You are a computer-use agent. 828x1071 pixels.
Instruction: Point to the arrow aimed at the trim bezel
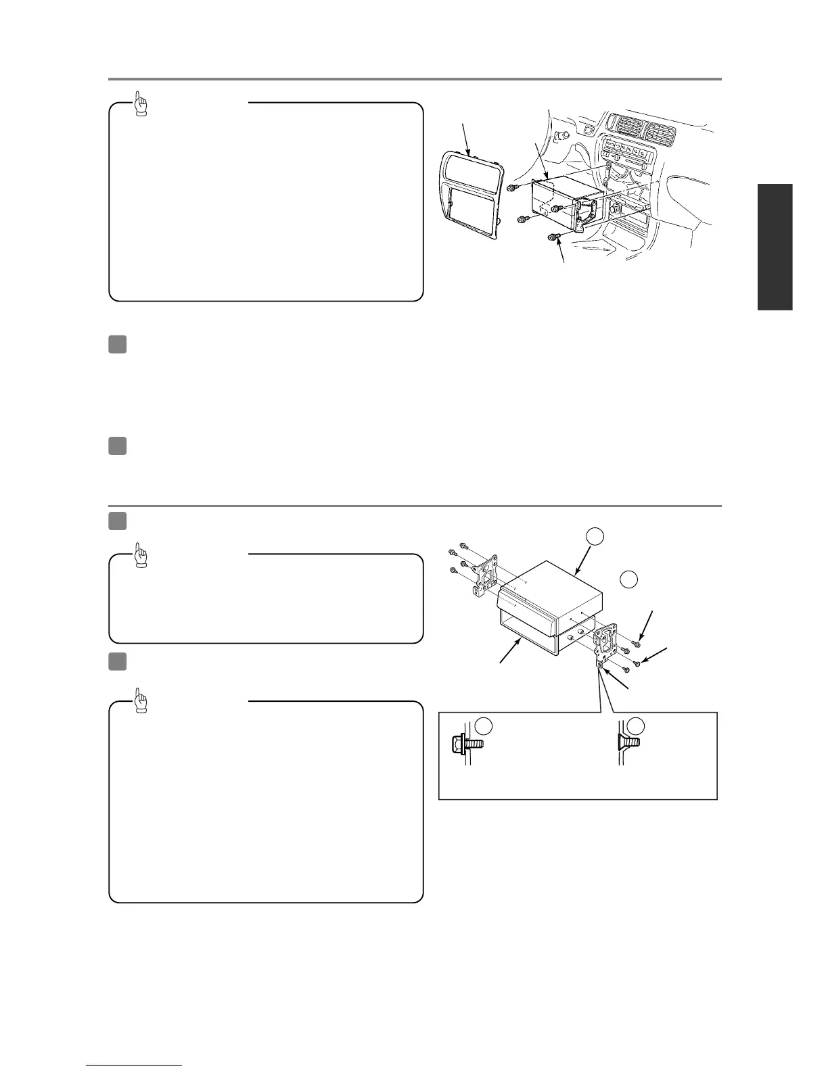coord(465,135)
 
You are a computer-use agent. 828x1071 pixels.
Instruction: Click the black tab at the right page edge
coord(775,247)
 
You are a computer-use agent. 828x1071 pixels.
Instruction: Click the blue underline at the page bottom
coord(134,1066)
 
